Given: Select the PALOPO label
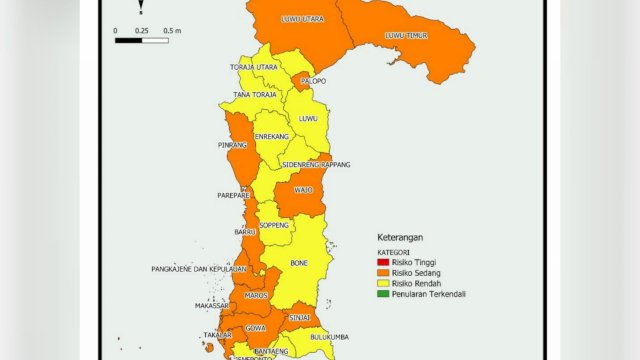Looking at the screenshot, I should point(313,81).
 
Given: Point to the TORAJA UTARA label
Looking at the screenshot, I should point(254,67).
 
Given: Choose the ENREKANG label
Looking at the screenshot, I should point(271,136).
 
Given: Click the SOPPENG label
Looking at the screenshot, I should point(274,226).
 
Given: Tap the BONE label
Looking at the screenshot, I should point(299,263).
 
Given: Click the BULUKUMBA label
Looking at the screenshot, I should point(326,338).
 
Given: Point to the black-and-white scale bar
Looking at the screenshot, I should point(141,41).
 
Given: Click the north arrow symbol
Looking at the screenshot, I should point(141,8).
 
